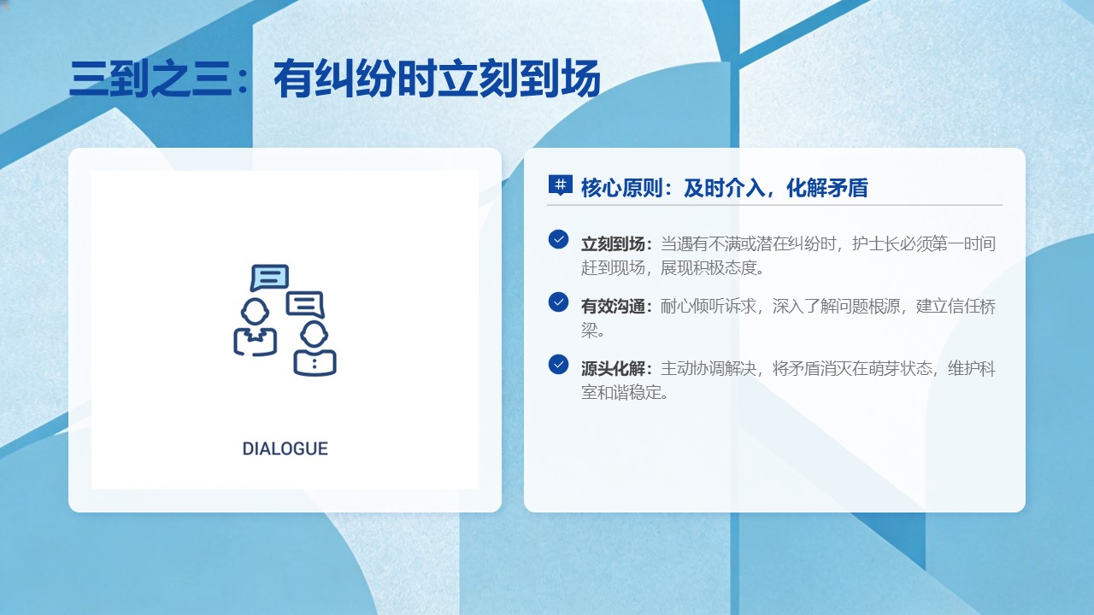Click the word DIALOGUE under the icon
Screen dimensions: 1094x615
285,448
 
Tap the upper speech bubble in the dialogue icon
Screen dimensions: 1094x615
269,278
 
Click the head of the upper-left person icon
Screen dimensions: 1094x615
255,312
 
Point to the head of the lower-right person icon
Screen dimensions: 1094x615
314,334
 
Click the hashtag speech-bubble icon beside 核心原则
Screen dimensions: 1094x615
560,185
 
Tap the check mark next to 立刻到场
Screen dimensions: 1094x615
558,239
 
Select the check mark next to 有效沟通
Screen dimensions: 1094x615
558,302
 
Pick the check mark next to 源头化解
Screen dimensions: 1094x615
558,364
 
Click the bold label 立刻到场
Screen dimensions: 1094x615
613,243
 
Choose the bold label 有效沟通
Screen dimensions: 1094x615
613,306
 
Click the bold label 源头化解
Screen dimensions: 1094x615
613,368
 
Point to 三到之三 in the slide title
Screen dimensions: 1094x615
150,79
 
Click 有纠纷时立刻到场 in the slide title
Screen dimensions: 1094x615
437,79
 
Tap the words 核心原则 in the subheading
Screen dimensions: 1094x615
621,188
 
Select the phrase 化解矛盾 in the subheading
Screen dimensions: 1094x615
827,188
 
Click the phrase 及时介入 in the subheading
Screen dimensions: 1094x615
724,188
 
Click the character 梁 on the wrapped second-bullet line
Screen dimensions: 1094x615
589,331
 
